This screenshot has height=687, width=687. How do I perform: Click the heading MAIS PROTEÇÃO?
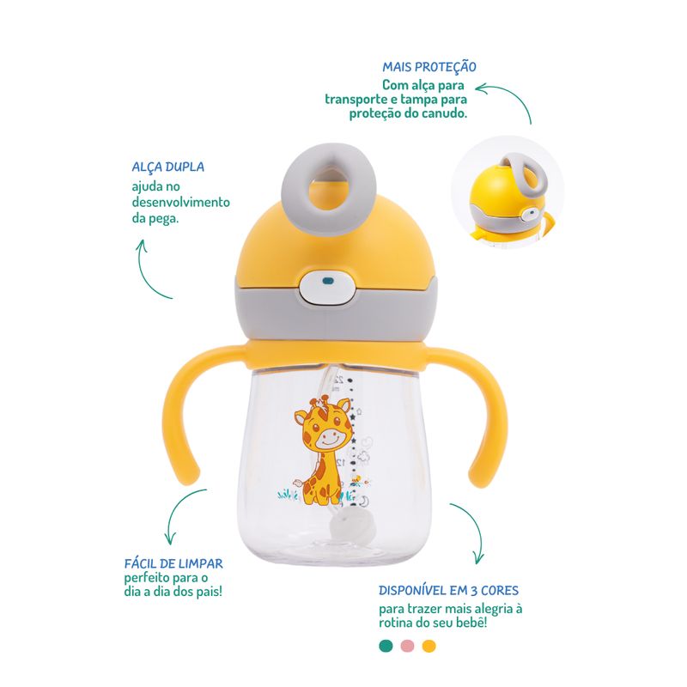[429, 67]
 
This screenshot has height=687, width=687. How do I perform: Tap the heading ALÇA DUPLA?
[167, 167]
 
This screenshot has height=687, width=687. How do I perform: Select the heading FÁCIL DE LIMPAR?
[173, 563]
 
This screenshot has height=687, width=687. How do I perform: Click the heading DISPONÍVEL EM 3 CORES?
[448, 591]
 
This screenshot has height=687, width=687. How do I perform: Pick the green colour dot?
[386, 646]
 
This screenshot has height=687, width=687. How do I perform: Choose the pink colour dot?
[407, 646]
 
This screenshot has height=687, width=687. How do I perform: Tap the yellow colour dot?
[429, 646]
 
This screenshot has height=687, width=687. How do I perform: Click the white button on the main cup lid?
[327, 286]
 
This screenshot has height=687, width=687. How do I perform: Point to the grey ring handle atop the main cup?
[329, 167]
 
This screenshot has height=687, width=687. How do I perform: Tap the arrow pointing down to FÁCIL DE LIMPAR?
[178, 508]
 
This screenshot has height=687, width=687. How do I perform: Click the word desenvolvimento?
[181, 203]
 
